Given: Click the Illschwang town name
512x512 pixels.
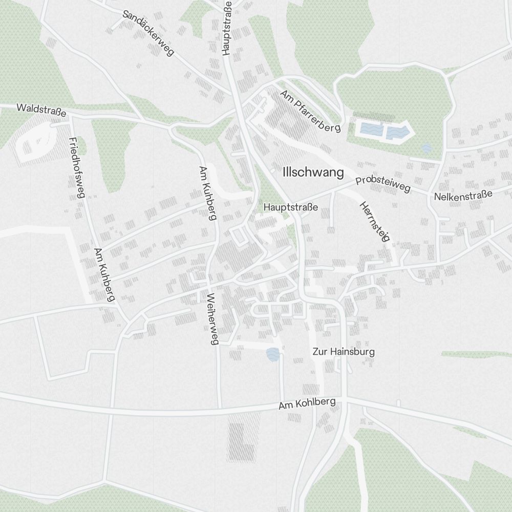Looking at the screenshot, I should (x=313, y=173).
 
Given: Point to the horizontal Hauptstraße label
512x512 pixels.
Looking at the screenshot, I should (x=291, y=207).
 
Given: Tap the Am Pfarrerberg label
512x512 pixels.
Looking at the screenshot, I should (x=310, y=111).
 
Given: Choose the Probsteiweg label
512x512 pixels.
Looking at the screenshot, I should (x=383, y=185).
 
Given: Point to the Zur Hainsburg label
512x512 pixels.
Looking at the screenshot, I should (x=344, y=352).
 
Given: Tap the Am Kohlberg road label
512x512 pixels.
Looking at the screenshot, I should (x=307, y=403).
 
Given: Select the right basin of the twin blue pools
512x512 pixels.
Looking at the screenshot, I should (x=398, y=132).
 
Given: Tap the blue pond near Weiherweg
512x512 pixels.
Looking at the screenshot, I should (x=273, y=354).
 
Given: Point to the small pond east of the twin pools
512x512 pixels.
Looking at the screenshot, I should (x=426, y=148).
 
